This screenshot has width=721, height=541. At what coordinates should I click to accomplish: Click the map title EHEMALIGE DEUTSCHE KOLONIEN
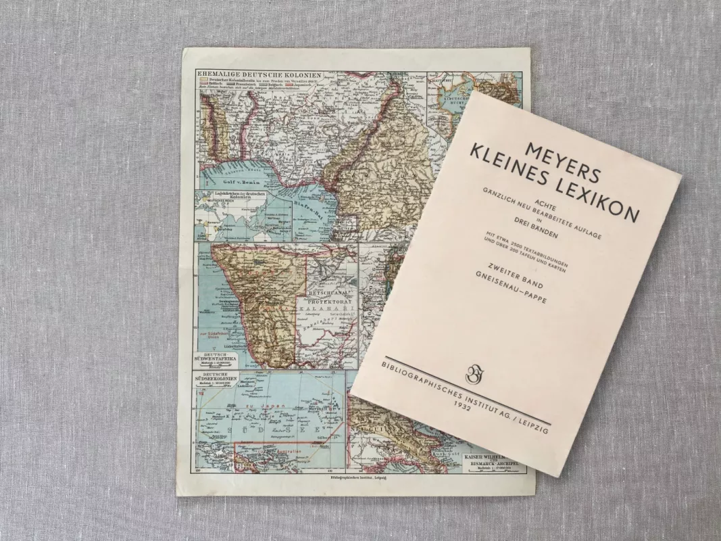click(239, 73)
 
